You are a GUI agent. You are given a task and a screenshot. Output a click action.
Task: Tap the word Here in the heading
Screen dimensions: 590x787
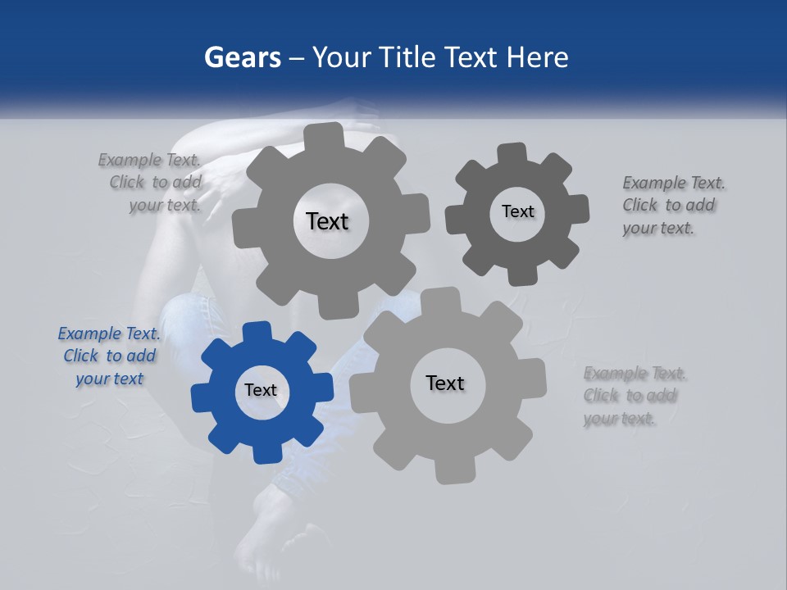pos(537,58)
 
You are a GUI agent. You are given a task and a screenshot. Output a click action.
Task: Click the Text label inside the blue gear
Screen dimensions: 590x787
pos(261,391)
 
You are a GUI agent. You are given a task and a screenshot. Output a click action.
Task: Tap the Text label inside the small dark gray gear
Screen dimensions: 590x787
pos(517,211)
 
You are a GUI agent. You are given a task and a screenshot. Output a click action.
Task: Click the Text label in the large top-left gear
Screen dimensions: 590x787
pos(327,221)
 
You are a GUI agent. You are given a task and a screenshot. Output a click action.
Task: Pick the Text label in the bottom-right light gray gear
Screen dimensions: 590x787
pos(445,383)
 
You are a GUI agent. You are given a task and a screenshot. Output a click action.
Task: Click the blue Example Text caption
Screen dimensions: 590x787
pos(109,356)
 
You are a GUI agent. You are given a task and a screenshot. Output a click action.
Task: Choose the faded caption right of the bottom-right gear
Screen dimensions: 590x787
pos(634,396)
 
